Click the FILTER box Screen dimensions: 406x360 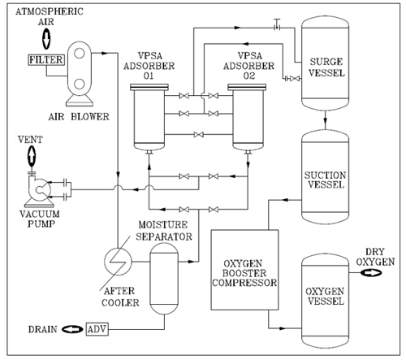point(46,59)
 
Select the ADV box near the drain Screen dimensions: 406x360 point(97,329)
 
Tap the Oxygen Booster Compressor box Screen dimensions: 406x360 point(244,270)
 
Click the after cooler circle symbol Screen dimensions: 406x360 point(118,261)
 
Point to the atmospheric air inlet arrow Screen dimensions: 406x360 point(46,38)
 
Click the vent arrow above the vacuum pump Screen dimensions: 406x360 point(32,156)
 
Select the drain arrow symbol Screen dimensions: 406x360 point(72,329)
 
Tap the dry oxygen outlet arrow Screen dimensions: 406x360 point(371,273)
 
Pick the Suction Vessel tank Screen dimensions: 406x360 point(326,177)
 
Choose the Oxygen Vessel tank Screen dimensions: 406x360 point(326,301)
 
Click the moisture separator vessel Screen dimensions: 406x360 point(164,279)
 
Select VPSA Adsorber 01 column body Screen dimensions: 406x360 point(149,117)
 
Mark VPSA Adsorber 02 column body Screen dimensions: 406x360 point(248,117)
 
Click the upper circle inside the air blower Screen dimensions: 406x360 point(80,53)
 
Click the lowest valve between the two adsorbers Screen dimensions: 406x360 point(199,134)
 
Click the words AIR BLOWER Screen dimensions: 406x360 point(79,117)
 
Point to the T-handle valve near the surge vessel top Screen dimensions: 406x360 point(277,25)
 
